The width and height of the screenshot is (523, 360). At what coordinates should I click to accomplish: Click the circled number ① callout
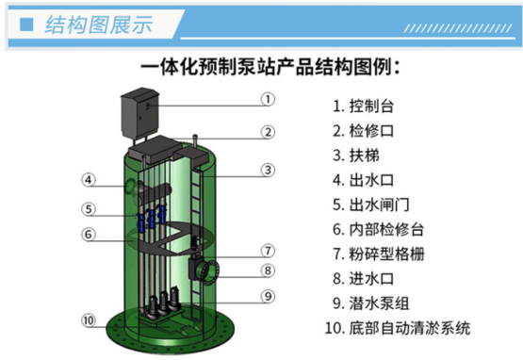(268, 100)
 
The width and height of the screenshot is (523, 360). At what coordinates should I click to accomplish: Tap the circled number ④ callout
(89, 180)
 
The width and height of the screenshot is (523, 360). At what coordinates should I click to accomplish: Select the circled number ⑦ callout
(268, 251)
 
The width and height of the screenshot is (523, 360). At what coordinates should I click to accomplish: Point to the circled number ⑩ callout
(89, 320)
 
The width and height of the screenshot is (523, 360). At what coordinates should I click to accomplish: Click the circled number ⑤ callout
(89, 209)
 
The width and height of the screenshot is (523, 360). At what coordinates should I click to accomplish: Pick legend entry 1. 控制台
(364, 106)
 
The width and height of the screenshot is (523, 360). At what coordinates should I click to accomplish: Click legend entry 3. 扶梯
(356, 155)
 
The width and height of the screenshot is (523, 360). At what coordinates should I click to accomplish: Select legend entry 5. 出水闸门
(371, 205)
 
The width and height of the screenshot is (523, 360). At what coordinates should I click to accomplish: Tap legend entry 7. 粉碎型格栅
(379, 254)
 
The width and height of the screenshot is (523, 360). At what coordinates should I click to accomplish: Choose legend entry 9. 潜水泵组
(371, 303)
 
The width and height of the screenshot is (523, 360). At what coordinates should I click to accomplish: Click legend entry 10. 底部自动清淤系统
(398, 328)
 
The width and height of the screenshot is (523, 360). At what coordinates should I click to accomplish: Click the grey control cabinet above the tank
(139, 113)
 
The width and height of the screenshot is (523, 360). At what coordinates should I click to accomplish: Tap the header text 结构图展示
(99, 25)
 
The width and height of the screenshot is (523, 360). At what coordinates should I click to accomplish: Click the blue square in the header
(26, 25)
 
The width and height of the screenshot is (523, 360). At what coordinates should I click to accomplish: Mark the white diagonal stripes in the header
(458, 28)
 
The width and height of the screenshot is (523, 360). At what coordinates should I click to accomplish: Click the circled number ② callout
(268, 133)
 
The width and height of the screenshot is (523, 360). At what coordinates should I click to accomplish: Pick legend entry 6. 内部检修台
(379, 230)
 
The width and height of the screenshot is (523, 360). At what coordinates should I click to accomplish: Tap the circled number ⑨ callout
(268, 296)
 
